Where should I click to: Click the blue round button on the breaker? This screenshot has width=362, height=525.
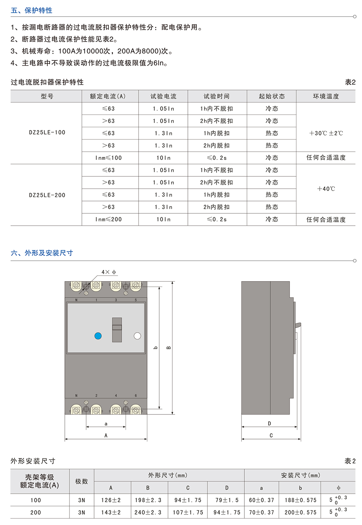click(x=98, y=336)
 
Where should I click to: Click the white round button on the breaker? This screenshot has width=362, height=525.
click(x=137, y=336)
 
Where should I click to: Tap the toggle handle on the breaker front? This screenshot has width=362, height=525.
click(x=117, y=330)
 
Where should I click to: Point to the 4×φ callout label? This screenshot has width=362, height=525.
click(x=109, y=272)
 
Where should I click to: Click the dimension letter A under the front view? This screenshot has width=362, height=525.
click(x=106, y=436)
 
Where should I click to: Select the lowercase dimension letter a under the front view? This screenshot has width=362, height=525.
click(x=106, y=424)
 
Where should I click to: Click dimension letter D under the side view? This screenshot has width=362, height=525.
click(x=269, y=424)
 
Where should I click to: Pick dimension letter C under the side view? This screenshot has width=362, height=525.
click(x=271, y=436)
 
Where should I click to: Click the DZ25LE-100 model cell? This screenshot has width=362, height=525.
click(x=47, y=132)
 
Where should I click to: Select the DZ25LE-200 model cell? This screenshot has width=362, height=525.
click(x=47, y=195)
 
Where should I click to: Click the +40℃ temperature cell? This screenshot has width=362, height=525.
click(x=326, y=189)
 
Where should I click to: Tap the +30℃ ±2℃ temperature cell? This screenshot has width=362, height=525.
click(x=326, y=133)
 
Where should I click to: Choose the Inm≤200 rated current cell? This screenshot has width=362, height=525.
click(x=108, y=219)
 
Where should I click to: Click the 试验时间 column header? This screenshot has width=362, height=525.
click(x=216, y=96)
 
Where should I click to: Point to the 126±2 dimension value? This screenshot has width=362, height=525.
click(x=111, y=500)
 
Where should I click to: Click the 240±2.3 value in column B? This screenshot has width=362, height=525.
click(x=148, y=512)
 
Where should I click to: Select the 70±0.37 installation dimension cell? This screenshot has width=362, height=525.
click(x=261, y=512)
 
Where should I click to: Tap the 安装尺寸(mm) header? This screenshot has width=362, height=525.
click(x=300, y=475)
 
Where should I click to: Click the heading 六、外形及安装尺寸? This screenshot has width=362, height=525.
click(x=42, y=253)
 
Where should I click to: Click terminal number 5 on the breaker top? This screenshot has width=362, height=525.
click(x=136, y=300)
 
